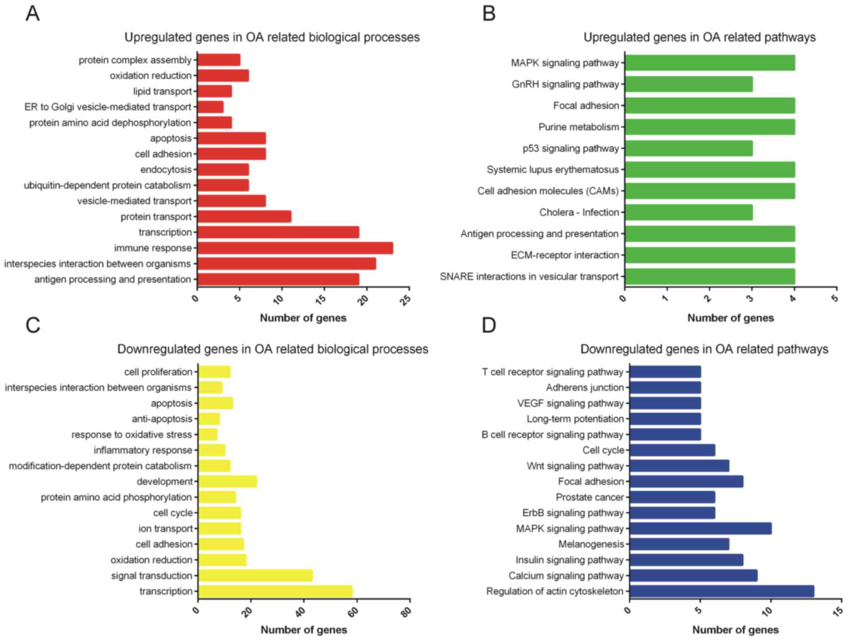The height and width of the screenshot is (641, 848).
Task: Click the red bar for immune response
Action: pyautogui.click(x=295, y=248)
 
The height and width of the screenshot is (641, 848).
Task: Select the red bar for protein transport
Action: pyautogui.click(x=244, y=217)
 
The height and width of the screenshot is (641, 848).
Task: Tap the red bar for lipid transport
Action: pyautogui.click(x=215, y=91)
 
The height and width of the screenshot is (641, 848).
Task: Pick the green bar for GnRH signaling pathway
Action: pyautogui.click(x=688, y=84)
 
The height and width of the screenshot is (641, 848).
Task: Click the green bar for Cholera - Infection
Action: pyautogui.click(x=688, y=212)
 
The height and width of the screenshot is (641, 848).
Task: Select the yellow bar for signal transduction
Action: pyautogui.click(x=255, y=575)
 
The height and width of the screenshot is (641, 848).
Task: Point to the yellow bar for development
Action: pyautogui.click(x=227, y=481)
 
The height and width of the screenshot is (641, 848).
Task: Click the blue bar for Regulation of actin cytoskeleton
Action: pyautogui.click(x=722, y=591)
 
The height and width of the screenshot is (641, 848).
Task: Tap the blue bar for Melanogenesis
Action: pyautogui.click(x=679, y=544)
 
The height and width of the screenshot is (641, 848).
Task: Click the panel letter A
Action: pyautogui.click(x=33, y=14)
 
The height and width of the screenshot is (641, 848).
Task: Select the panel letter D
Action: pyautogui.click(x=488, y=325)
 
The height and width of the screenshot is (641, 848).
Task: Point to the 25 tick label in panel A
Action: pyautogui.click(x=405, y=300)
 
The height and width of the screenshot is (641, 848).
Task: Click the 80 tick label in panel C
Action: pyautogui.click(x=406, y=612)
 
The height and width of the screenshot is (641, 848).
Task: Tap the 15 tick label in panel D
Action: pyautogui.click(x=838, y=612)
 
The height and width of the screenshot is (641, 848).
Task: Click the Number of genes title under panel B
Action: pyautogui.click(x=731, y=318)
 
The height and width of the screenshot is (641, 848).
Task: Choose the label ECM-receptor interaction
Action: pyautogui.click(x=564, y=255)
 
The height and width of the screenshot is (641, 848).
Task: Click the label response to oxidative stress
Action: pyautogui.click(x=132, y=435)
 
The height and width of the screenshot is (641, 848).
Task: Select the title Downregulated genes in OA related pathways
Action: pyautogui.click(x=704, y=349)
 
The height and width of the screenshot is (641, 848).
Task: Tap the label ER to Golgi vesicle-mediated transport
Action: pyautogui.click(x=108, y=107)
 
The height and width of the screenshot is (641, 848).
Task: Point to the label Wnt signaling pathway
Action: pyautogui.click(x=575, y=466)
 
